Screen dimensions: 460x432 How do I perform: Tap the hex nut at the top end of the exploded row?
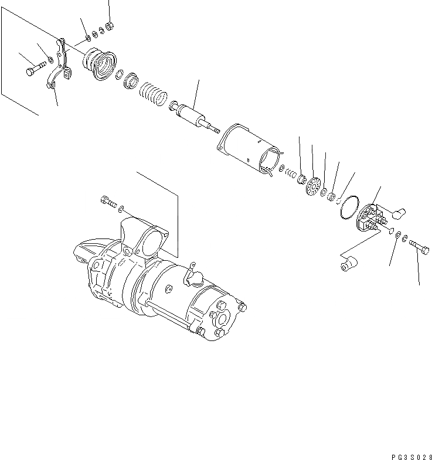111,26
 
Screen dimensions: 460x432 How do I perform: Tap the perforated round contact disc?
314,187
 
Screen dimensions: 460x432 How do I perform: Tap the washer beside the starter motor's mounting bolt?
121,209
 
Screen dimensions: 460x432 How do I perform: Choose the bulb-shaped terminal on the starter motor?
194,276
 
